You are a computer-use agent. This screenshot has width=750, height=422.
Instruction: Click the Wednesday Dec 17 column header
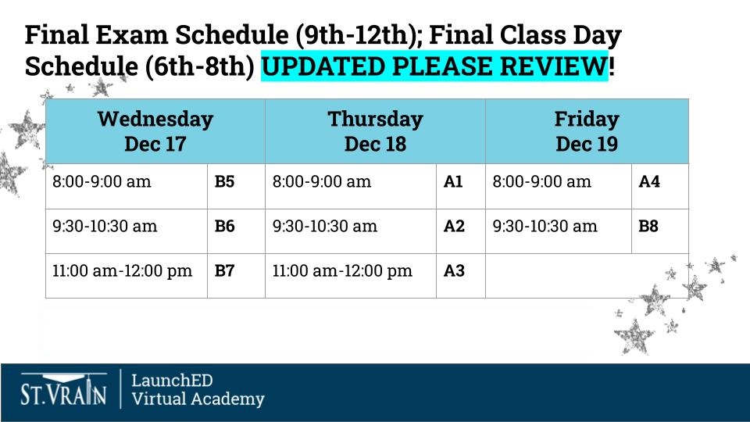(x=155, y=131)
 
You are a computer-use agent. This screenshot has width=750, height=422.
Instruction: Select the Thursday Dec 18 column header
(x=375, y=131)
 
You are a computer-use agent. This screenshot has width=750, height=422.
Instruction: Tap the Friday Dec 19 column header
(x=587, y=131)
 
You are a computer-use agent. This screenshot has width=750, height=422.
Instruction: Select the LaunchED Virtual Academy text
(x=197, y=389)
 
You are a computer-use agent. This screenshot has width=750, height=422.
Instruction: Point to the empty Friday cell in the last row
(x=587, y=275)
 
